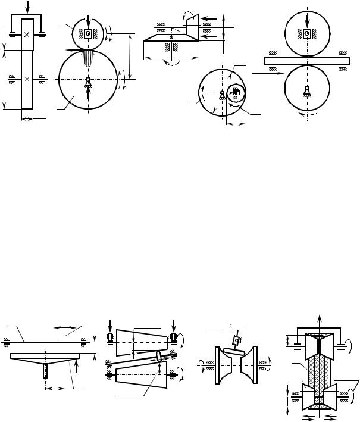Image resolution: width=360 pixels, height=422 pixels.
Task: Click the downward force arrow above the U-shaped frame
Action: point(26,7)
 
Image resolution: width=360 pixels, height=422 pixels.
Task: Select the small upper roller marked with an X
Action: point(27,35)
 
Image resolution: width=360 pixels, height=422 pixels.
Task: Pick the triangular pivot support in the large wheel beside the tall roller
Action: point(88,82)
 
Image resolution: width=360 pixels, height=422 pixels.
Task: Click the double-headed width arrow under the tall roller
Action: point(33,118)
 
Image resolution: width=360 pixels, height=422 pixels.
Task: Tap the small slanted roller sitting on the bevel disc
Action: point(190,26)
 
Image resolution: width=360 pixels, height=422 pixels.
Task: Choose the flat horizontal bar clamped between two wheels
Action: point(306,60)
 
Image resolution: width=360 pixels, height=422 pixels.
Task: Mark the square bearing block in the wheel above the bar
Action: point(306,34)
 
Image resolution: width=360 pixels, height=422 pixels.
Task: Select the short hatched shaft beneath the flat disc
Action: point(46,371)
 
